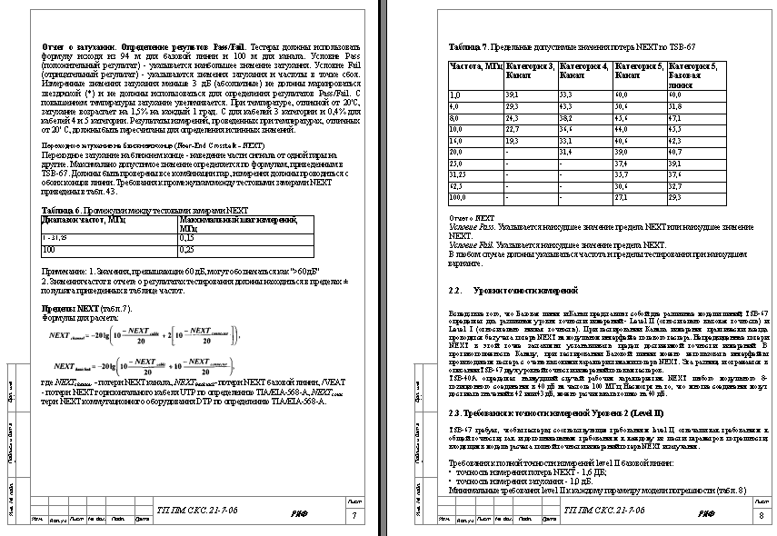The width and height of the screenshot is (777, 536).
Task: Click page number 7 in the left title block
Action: click(353, 515)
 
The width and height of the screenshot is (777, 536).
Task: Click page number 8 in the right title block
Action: click(761, 515)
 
